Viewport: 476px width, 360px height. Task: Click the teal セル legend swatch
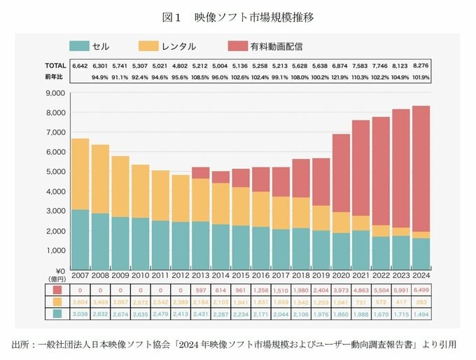[78, 46]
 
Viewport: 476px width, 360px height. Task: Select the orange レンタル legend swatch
[148, 46]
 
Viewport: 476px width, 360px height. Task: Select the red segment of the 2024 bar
[421, 168]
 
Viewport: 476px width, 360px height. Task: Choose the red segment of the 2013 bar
[200, 172]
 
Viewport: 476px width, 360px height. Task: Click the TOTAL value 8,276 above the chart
[421, 65]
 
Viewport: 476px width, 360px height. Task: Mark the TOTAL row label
[55, 65]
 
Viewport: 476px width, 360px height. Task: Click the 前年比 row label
[54, 76]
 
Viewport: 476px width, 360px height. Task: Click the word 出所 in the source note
[20, 344]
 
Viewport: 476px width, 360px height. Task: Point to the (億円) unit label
[55, 279]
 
